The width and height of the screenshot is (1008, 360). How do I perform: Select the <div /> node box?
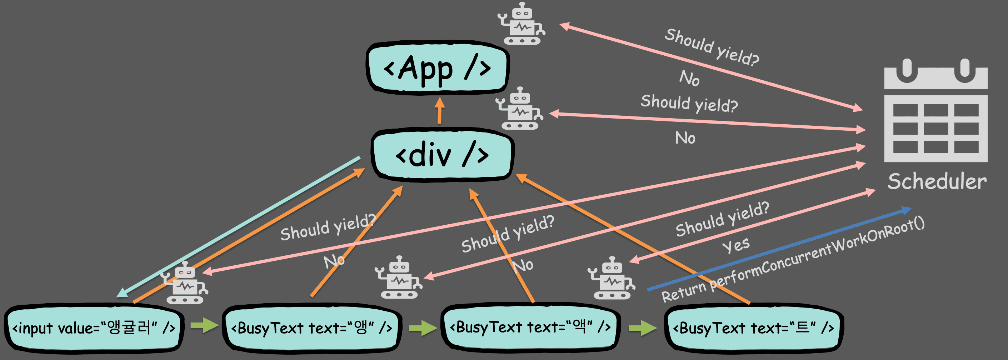(x=442, y=155)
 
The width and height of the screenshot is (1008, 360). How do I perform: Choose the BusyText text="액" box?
(x=530, y=327)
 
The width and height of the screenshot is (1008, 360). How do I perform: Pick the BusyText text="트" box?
(x=753, y=328)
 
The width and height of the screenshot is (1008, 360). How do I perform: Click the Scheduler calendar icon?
(x=935, y=111)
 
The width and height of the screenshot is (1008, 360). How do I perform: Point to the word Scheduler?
(x=937, y=181)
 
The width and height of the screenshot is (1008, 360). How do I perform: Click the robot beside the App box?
(x=522, y=24)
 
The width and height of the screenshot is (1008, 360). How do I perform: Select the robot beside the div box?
(x=520, y=109)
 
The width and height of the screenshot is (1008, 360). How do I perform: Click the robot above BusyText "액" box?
(x=399, y=278)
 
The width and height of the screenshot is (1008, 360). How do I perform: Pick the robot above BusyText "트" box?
(x=612, y=279)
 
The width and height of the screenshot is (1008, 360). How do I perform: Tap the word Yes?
(x=736, y=245)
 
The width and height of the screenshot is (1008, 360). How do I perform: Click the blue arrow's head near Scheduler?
(x=906, y=210)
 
